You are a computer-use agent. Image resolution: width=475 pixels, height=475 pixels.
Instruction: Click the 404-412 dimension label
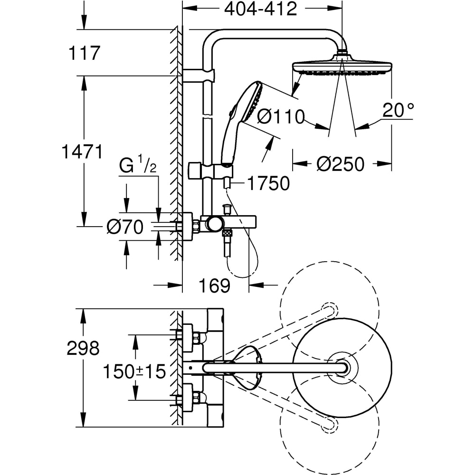pos(260,9)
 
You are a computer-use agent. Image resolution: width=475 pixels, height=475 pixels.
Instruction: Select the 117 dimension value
pos(84,53)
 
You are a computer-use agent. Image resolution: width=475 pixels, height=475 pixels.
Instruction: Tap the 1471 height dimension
pos(82,152)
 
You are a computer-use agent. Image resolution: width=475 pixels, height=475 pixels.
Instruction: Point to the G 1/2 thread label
pos(137,167)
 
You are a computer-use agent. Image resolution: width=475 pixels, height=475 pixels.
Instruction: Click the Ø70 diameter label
pos(125,228)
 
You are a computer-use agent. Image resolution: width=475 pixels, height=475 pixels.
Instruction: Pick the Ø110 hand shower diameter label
pos(281,117)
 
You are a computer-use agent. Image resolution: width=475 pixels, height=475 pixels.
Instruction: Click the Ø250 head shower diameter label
pos(340,164)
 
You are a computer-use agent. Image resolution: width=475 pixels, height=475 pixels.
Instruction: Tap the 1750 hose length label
pos(268,184)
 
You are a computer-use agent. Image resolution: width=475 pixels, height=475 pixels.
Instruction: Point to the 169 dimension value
pos(214,285)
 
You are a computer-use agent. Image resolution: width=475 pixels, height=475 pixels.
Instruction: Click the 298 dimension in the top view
pos(84,349)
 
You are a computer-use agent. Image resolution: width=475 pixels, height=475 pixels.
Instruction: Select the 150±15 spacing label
pos(134,371)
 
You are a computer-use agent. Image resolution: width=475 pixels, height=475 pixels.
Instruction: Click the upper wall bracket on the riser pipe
pos(199,76)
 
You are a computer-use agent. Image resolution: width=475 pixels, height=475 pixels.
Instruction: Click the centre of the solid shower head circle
pos(342,367)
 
